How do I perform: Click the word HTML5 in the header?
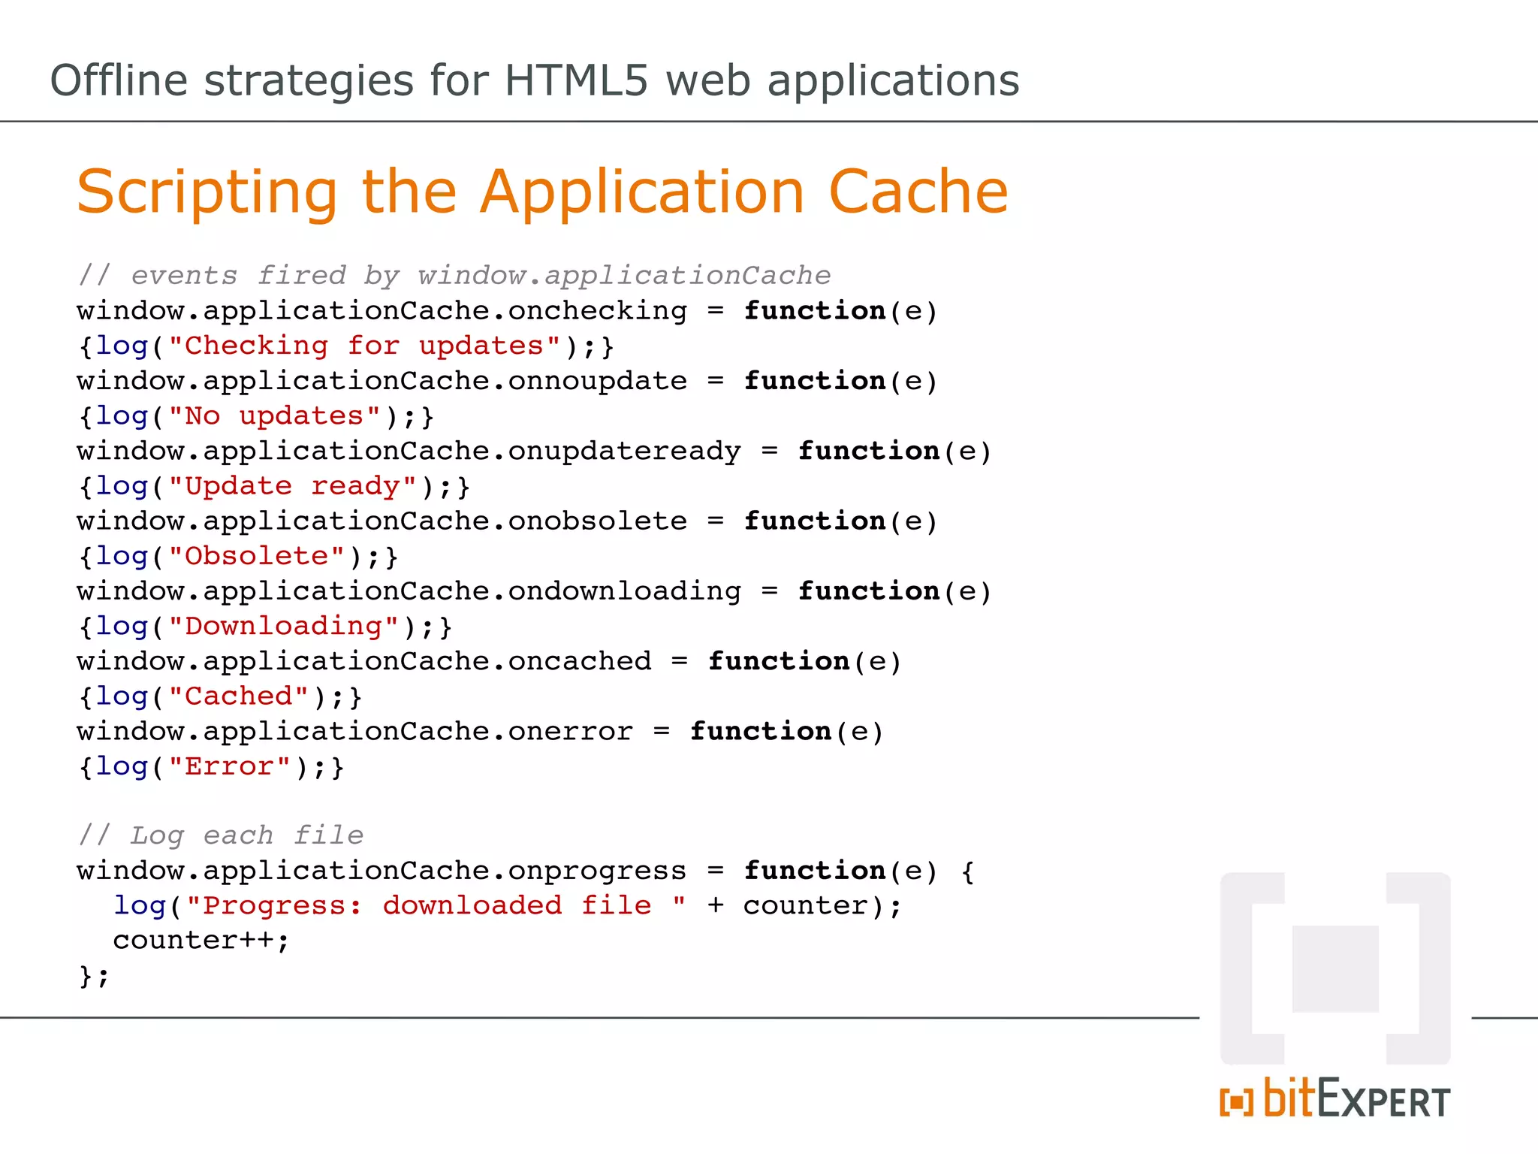click(x=575, y=80)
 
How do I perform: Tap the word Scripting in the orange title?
click(x=207, y=192)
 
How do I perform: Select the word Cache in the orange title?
click(x=918, y=192)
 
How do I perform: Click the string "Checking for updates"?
click(x=364, y=346)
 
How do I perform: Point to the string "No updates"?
click(x=274, y=416)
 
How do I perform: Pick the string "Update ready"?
click(x=292, y=486)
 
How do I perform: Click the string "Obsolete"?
click(x=256, y=557)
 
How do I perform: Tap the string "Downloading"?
click(x=283, y=627)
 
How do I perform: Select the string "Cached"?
click(x=238, y=696)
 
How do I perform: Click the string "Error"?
click(x=229, y=766)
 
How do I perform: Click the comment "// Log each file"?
click(x=221, y=835)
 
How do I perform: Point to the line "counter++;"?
click(x=201, y=941)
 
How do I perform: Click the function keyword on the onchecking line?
click(x=815, y=311)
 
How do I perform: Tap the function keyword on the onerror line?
click(x=761, y=731)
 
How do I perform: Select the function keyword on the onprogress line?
click(x=815, y=871)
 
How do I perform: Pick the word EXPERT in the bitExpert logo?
click(x=1383, y=1101)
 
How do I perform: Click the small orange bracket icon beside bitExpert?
click(x=1236, y=1102)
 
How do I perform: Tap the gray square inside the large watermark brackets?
click(x=1335, y=968)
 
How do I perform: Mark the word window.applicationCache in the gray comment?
click(x=624, y=276)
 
